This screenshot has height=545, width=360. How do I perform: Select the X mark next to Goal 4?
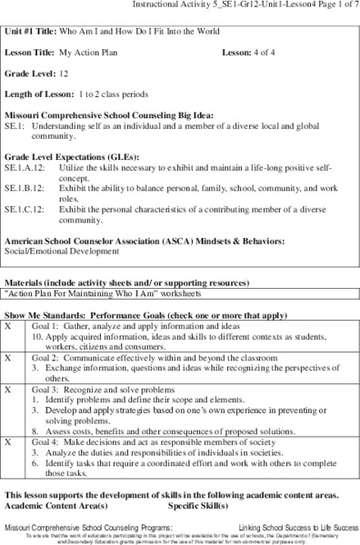pyautogui.click(x=9, y=441)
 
